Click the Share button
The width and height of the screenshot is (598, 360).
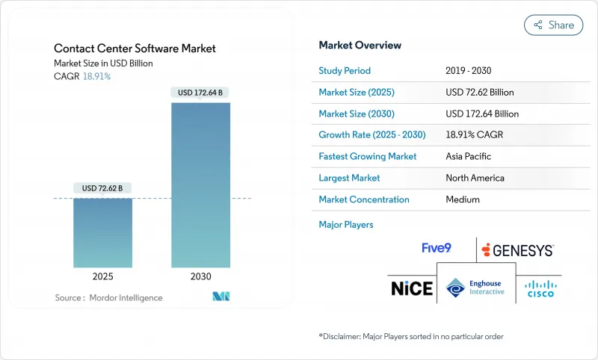click(553, 25)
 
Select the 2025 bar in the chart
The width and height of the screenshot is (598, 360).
click(102, 232)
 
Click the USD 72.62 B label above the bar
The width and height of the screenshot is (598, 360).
click(102, 187)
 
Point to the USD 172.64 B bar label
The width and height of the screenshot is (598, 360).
click(200, 93)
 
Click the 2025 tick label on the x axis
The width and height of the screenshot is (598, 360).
click(102, 276)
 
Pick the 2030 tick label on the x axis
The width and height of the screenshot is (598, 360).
click(200, 276)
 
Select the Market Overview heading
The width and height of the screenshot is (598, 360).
click(360, 46)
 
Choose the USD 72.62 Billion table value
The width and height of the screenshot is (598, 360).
click(479, 93)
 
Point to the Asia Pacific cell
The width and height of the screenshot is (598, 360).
click(469, 157)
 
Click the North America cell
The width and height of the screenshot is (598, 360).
click(475, 178)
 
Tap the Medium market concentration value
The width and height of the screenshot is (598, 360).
click(462, 199)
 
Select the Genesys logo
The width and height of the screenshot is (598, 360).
click(518, 249)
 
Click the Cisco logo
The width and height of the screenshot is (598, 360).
click(541, 288)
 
